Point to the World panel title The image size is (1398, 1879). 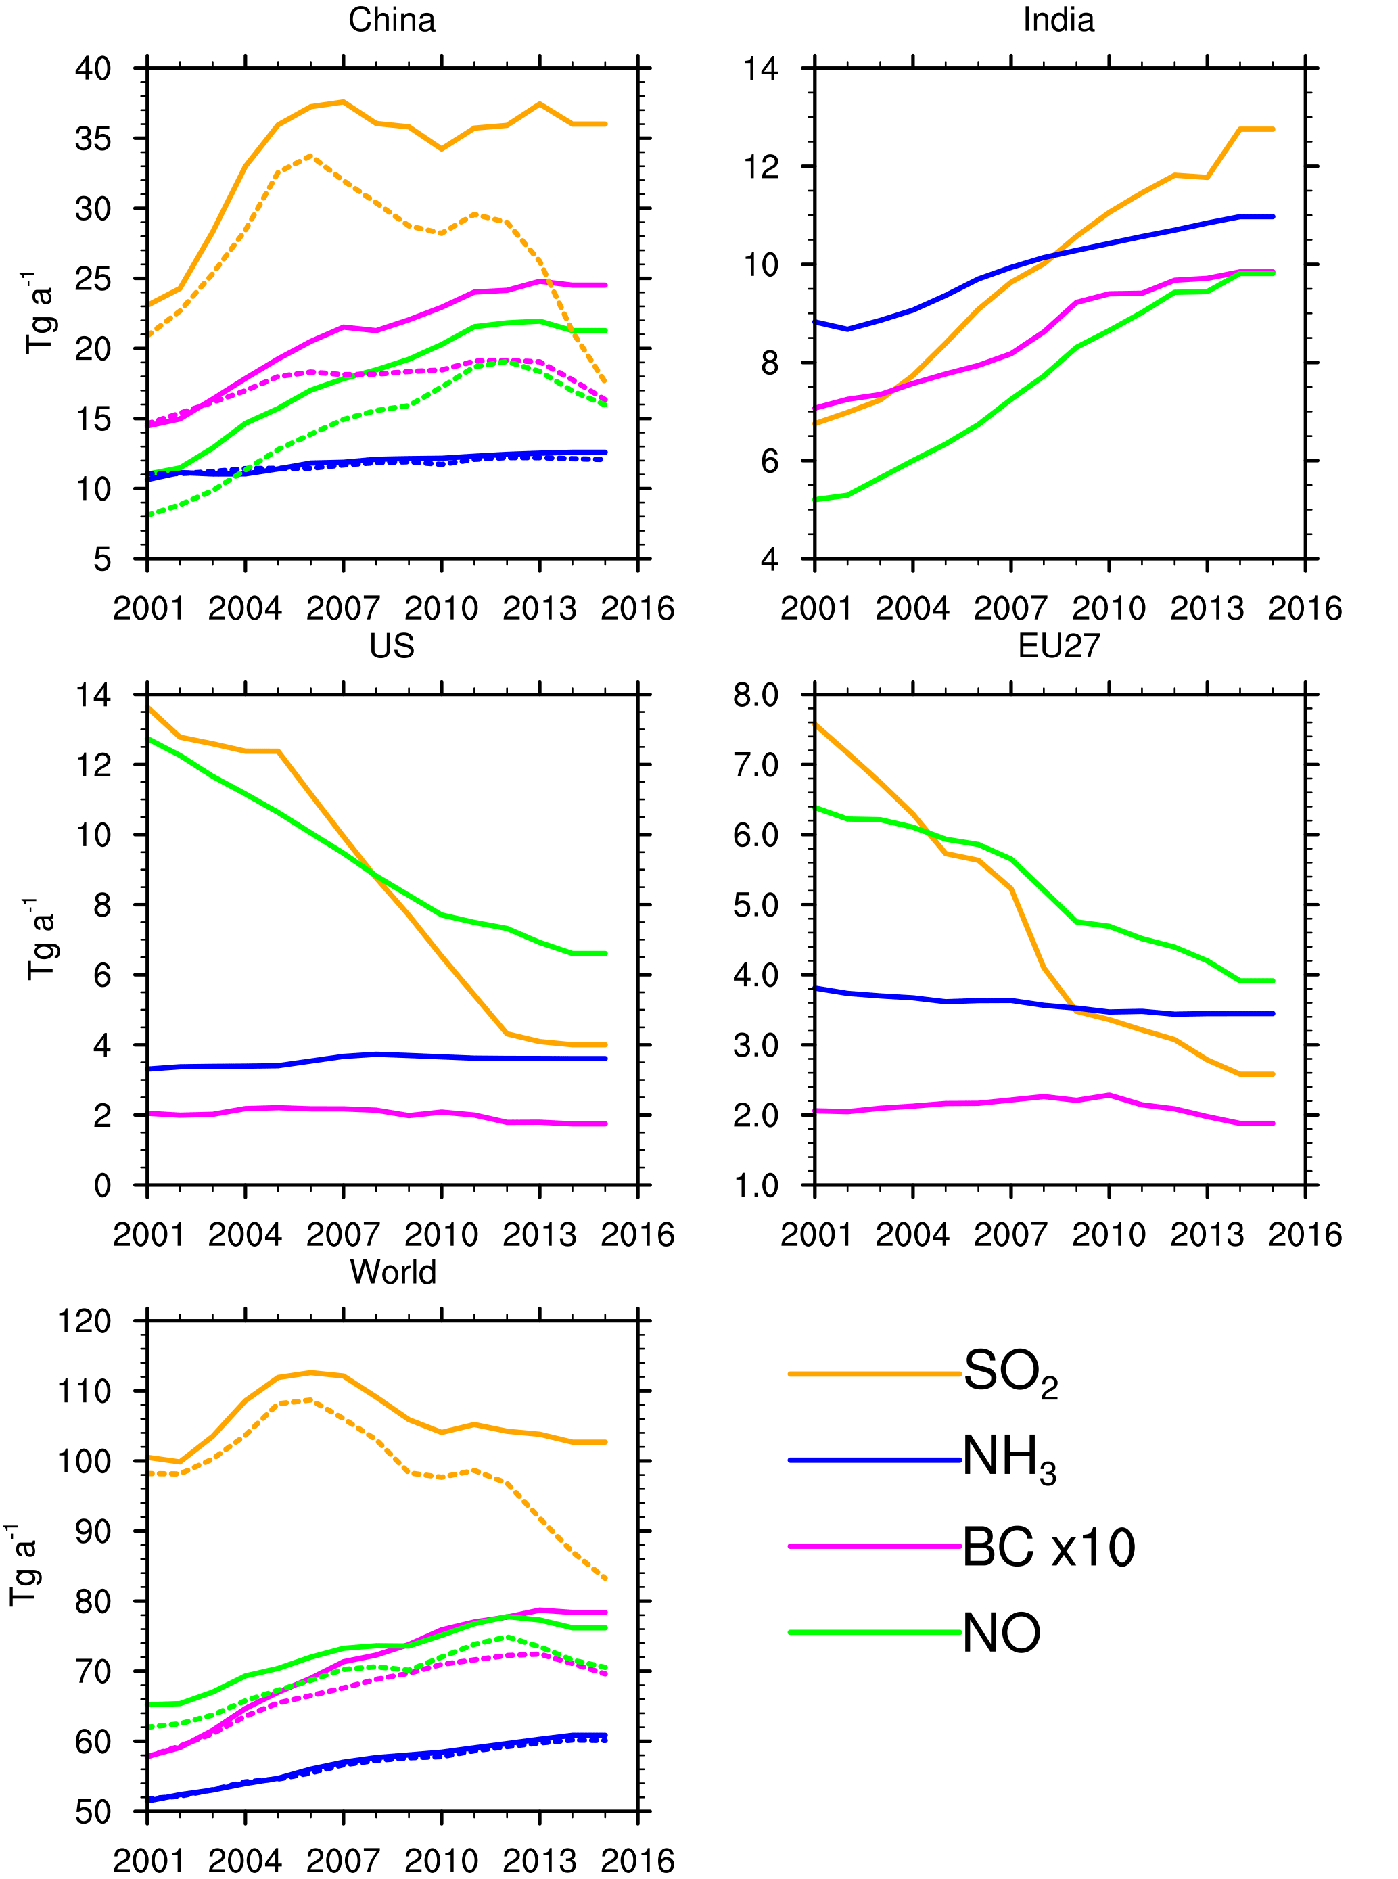393,1272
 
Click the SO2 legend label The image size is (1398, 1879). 1010,1373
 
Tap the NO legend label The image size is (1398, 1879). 1001,1633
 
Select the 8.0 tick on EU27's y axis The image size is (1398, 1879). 755,696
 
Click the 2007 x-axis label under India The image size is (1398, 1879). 1010,609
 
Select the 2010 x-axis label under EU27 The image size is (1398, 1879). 1109,1235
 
